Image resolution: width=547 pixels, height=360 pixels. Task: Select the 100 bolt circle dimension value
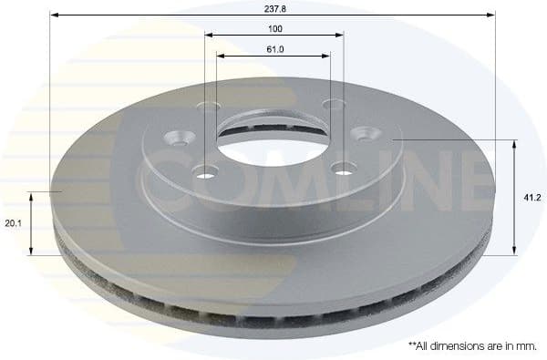[x=274, y=28]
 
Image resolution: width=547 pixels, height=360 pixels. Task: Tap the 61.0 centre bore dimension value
[x=273, y=49]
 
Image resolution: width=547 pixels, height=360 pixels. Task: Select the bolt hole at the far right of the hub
[x=371, y=133]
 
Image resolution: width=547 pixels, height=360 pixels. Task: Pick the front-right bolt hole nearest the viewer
[x=343, y=167]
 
